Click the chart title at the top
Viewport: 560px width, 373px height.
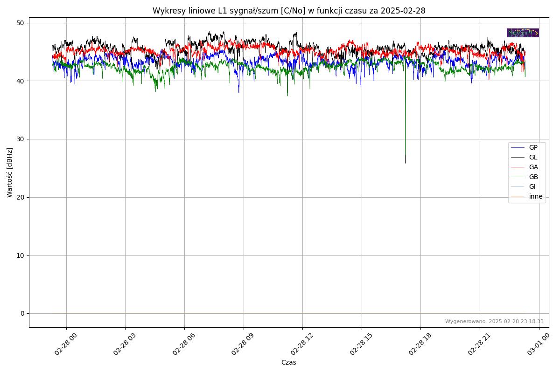289,11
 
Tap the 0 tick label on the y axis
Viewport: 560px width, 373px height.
22,313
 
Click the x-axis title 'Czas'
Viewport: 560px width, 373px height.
288,362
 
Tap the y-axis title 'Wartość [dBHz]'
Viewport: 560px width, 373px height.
10,173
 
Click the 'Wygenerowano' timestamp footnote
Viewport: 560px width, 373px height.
494,321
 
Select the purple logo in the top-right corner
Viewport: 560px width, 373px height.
523,33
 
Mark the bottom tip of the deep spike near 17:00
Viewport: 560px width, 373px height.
405,163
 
